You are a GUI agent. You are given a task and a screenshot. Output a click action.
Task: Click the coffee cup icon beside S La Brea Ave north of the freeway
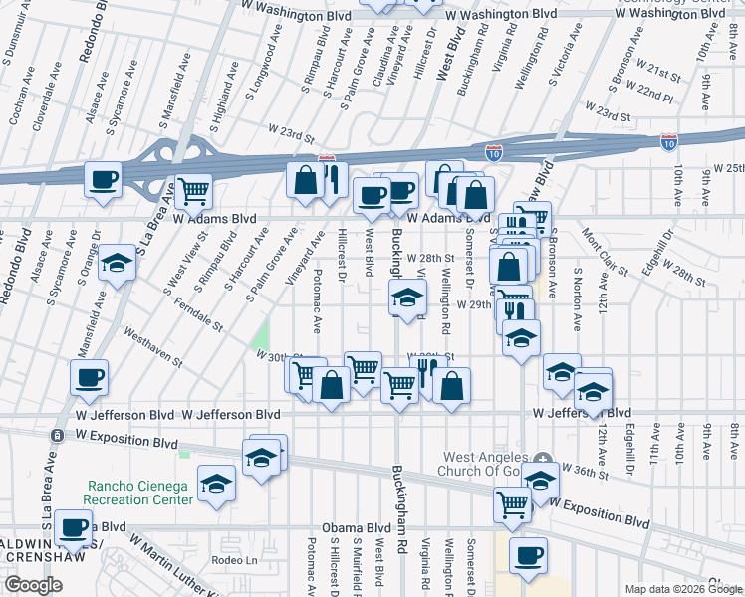click(103, 180)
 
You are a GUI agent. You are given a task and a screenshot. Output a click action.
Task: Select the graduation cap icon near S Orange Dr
click(118, 263)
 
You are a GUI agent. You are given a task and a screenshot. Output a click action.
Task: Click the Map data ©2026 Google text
click(682, 589)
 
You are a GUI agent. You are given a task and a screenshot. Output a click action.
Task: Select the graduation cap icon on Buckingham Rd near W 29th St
click(406, 298)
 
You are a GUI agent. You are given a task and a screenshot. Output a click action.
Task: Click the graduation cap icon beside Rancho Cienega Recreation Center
click(216, 484)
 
